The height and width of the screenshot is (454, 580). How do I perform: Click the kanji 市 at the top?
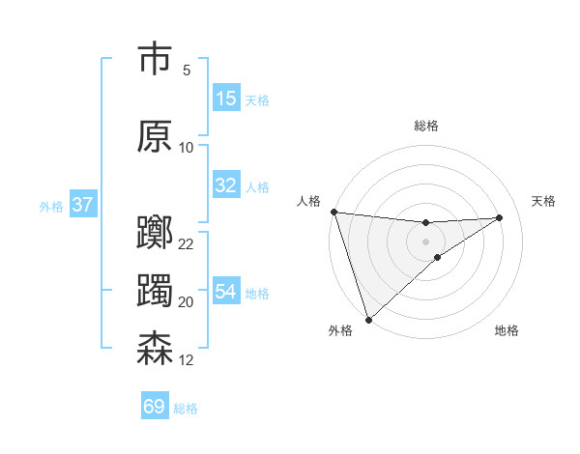coord(155,60)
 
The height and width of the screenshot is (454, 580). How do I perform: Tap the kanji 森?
coord(155,349)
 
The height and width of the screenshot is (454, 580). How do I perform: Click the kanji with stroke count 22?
coord(155,233)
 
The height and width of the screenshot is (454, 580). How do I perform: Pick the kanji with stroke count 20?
coord(155,291)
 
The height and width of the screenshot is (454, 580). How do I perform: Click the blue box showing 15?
coord(226,99)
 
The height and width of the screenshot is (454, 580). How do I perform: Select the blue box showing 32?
coord(226,185)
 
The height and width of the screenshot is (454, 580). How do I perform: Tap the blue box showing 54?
coord(226,292)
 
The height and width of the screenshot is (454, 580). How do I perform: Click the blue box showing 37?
coord(82,205)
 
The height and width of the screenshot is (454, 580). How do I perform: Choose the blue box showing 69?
coord(155,407)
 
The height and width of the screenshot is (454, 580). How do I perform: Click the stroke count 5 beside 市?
coord(187,71)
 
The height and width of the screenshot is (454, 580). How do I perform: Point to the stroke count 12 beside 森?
coord(187,360)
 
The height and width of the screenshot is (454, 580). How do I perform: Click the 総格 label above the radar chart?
coord(426,126)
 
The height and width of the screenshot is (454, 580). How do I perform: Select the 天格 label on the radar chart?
coord(544,201)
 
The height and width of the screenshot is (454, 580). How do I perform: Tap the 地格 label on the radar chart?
coord(507,331)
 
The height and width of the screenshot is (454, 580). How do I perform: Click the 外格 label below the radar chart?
coord(340,331)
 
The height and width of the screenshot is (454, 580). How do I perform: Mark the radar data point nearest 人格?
coord(333,212)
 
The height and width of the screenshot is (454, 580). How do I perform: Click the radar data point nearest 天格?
coord(500,217)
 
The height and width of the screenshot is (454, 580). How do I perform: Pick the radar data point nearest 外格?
coord(368,318)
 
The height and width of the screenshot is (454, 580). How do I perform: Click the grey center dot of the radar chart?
coord(425,241)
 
